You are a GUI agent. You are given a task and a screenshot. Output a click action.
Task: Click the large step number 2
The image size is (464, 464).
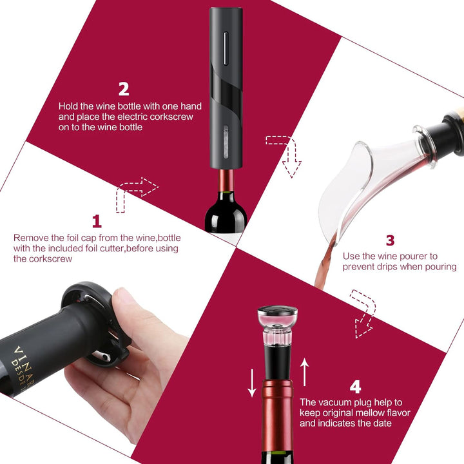point(124,89)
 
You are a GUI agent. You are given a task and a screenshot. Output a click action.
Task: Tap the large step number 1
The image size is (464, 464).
point(97,221)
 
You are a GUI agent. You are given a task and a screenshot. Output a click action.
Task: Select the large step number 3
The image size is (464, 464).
point(391,240)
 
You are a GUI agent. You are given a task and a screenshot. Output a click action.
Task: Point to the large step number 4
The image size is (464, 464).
point(355,387)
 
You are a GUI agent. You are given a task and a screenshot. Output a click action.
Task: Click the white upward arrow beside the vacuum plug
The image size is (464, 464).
point(304,372)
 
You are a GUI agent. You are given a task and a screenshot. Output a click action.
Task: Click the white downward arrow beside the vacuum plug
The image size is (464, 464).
point(252,383)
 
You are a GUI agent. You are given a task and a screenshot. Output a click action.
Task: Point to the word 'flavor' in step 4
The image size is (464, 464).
point(398,413)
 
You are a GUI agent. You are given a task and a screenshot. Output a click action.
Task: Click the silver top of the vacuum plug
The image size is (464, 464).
point(277,311)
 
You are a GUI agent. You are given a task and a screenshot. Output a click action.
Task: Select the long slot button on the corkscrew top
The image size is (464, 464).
point(225,48)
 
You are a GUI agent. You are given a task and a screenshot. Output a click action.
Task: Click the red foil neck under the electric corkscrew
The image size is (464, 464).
point(226,180)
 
